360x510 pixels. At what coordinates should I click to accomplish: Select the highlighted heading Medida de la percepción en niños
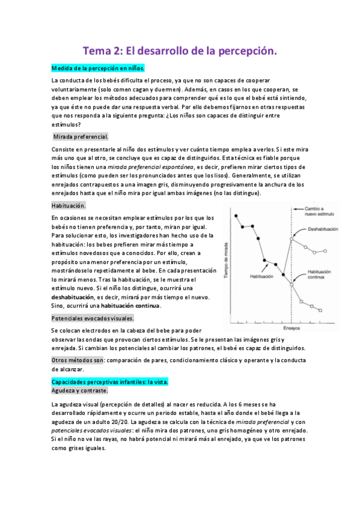[x=98, y=68]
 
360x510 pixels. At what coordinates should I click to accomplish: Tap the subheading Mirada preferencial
[x=81, y=137]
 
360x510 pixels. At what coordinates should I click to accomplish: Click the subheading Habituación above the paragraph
[x=69, y=205]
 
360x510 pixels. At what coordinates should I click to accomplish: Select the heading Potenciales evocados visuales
[x=93, y=318]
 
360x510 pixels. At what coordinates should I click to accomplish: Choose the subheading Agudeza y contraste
[x=79, y=390]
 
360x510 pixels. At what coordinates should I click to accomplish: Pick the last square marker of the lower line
[x=320, y=310]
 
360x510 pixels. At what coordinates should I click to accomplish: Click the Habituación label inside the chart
[x=263, y=276]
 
